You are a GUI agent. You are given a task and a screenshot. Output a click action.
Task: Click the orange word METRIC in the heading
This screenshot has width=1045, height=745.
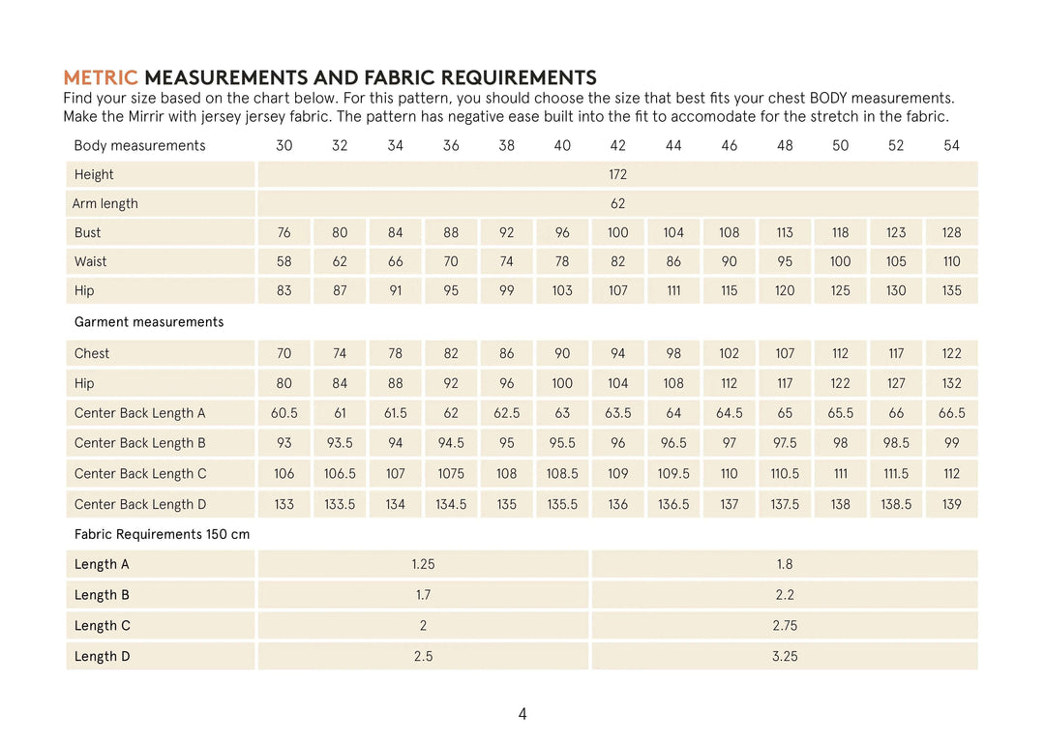101,77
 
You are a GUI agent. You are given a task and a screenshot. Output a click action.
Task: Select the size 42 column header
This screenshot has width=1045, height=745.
617,145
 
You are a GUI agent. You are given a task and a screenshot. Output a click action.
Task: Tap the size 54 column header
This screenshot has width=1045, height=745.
951,145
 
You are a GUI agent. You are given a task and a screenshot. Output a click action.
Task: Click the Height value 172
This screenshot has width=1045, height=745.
617,174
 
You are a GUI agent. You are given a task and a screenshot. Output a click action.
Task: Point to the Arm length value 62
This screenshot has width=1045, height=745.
617,203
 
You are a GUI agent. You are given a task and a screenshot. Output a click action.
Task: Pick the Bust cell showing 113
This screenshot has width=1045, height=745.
785,232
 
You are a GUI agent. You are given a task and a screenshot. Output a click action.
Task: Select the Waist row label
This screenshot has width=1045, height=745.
91,261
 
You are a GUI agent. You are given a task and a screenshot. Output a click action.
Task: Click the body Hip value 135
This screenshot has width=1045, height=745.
951,290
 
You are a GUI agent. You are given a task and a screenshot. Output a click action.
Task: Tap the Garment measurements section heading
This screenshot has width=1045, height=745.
149,322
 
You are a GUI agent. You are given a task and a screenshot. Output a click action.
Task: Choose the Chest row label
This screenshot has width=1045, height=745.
92,353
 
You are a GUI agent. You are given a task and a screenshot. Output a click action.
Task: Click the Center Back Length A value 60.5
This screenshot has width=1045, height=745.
284,413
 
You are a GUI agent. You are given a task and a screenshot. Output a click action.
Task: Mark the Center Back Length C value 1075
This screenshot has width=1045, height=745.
451,473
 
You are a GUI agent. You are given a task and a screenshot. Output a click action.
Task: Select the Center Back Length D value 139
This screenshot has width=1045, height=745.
951,504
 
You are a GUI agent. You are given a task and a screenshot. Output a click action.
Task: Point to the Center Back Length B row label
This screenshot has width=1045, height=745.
140,443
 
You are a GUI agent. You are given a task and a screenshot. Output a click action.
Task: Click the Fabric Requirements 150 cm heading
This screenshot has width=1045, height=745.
162,534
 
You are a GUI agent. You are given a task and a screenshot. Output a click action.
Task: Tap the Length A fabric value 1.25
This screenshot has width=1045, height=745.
423,564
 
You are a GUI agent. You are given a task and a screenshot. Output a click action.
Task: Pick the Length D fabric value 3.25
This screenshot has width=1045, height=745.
785,656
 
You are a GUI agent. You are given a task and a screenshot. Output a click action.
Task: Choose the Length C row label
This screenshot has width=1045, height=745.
103,626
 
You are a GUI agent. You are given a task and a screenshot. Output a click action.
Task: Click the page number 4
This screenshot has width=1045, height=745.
522,714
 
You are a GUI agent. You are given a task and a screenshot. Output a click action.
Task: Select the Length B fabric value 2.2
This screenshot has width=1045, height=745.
785,595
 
